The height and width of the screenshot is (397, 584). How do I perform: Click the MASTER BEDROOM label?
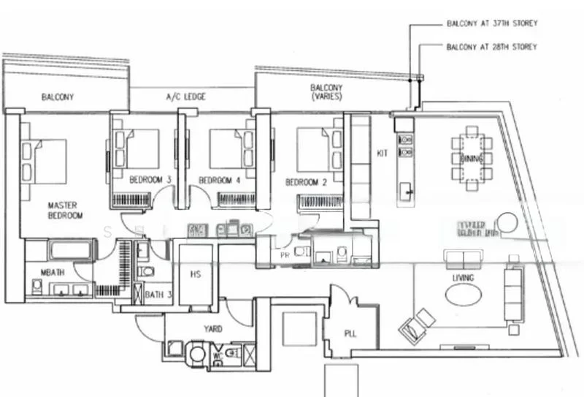(x=62, y=211)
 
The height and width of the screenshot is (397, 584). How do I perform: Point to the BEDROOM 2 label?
(x=305, y=181)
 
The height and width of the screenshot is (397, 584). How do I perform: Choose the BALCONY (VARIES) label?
(x=326, y=92)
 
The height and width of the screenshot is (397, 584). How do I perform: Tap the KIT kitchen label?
(x=382, y=154)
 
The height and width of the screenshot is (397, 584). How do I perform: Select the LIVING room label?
(x=463, y=278)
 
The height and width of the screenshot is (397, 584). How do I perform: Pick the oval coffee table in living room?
(x=464, y=295)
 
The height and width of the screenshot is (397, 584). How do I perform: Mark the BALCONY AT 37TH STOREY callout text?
(x=491, y=23)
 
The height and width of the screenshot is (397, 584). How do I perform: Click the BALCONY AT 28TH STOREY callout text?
(x=491, y=47)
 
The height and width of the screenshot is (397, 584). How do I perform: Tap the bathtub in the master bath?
(x=70, y=251)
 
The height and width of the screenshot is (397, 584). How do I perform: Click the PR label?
(x=284, y=257)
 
